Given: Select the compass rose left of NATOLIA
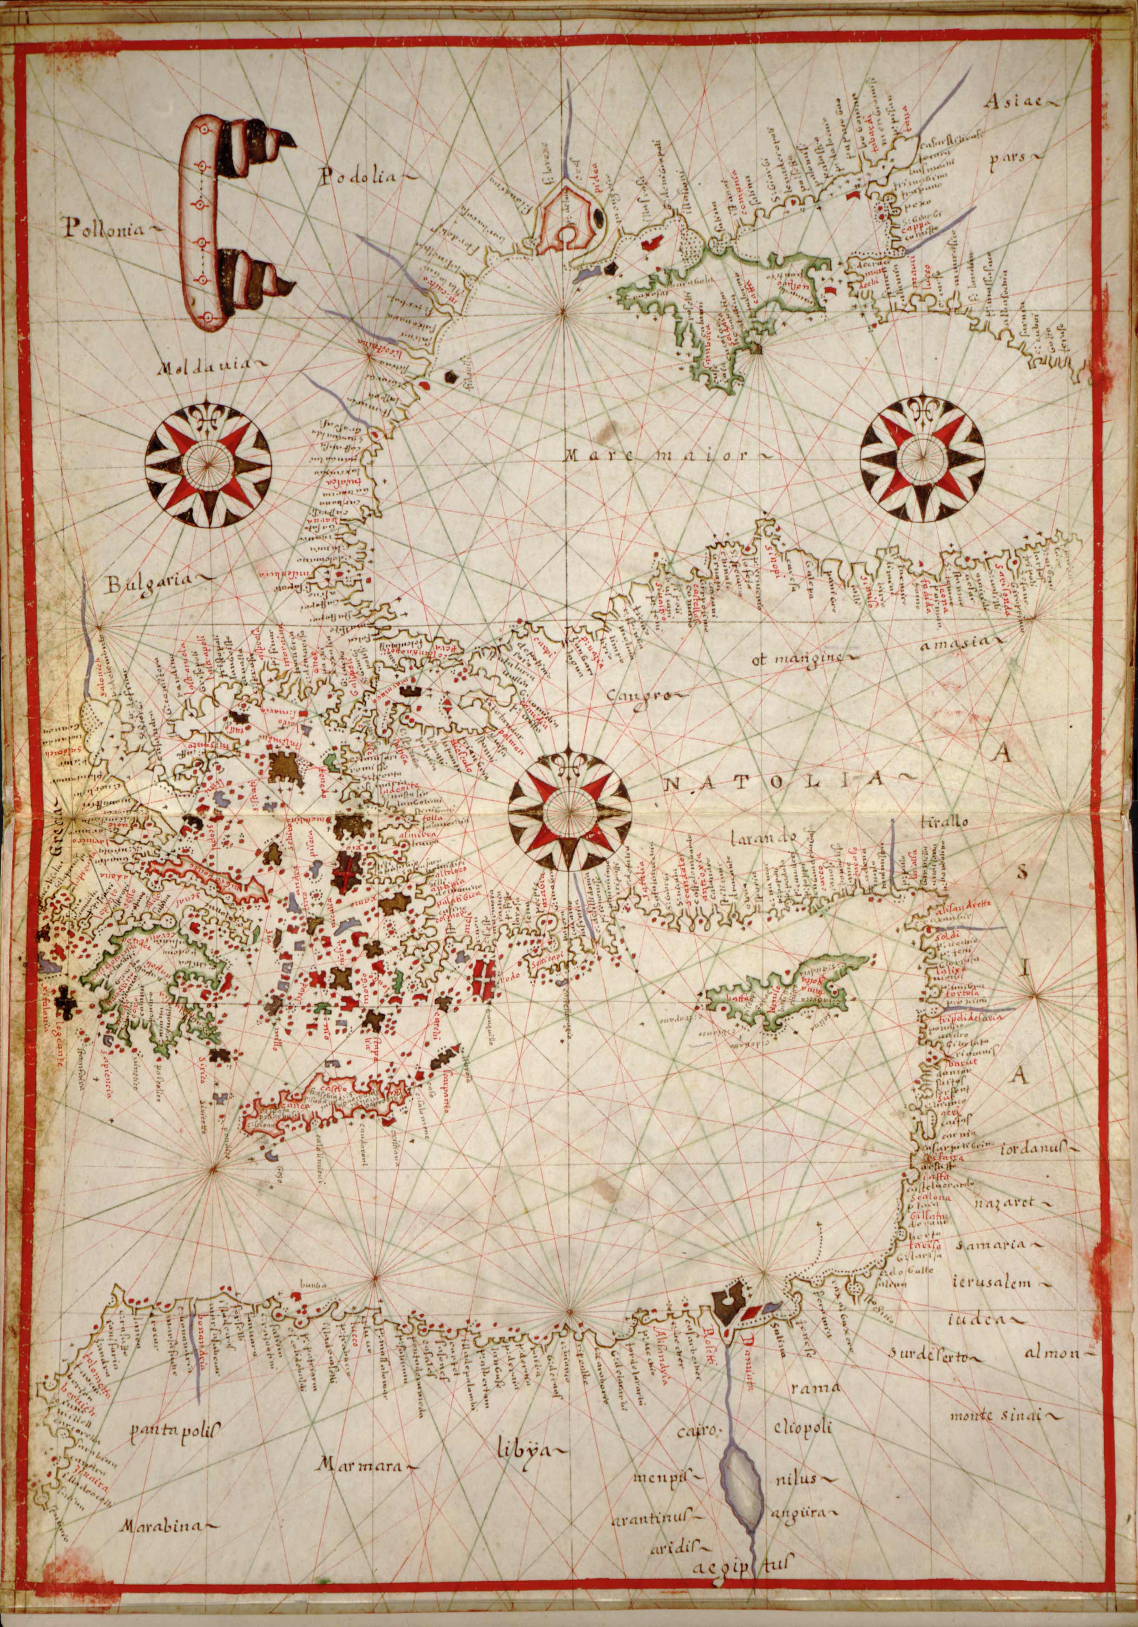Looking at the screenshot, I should click(x=569, y=808).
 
